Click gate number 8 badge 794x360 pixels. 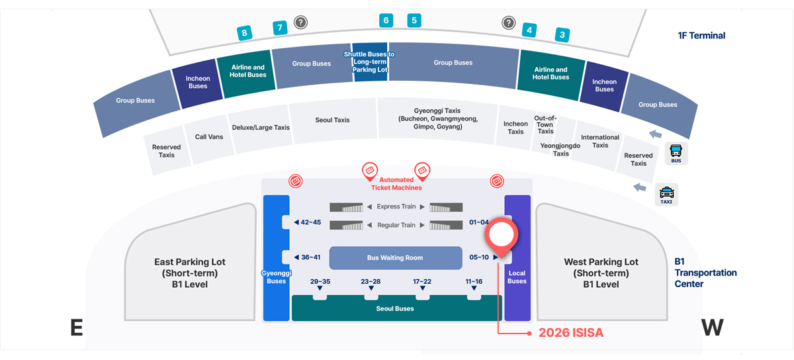tap(245, 32)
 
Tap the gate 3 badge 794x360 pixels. tap(562, 35)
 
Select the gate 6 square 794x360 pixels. tap(386, 21)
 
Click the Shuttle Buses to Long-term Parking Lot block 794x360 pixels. tap(369, 62)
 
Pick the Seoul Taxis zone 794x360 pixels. tap(332, 120)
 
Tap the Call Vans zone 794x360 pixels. tap(209, 137)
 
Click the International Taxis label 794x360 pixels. tap(599, 141)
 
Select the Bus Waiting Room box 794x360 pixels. tap(395, 258)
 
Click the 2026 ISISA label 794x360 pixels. tap(570, 333)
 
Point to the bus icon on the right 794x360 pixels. tap(676, 154)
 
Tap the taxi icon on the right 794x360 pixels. tap(667, 195)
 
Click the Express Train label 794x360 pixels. tap(396, 206)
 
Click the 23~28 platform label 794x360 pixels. tap(371, 282)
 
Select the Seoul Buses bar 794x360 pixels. tap(395, 309)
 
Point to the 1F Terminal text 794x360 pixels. tap(701, 36)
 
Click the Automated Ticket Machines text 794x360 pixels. tap(396, 183)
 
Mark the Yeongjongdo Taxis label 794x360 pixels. tap(560, 149)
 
